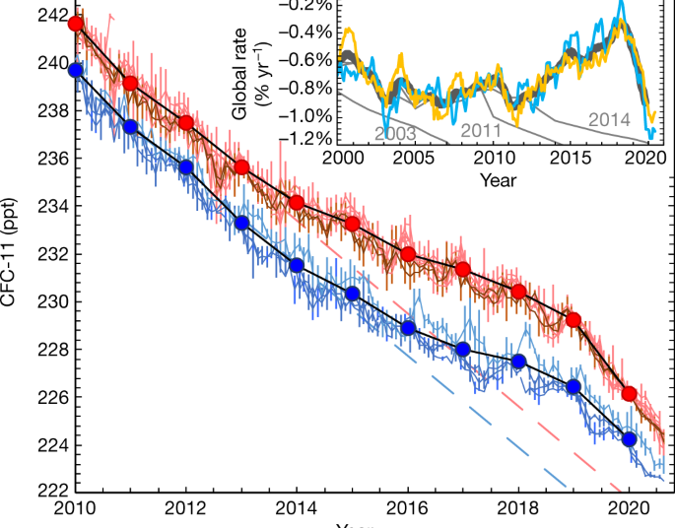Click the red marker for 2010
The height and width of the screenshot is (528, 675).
[x=76, y=24]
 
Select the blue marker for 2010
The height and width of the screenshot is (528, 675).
[x=76, y=70]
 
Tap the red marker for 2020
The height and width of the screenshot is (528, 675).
[x=630, y=394]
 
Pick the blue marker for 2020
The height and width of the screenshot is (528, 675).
[x=630, y=438]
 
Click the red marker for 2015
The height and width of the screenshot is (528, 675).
[x=353, y=225]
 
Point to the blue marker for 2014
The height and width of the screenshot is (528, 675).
[x=297, y=264]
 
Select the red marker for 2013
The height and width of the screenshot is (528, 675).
[x=242, y=166]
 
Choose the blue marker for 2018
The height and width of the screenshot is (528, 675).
[x=519, y=362]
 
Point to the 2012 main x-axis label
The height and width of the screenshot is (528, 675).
[x=186, y=506]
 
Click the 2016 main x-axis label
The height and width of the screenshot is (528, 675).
[x=408, y=506]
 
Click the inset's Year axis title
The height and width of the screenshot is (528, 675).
[x=498, y=180]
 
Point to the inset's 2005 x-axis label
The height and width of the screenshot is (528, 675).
[x=419, y=158]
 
